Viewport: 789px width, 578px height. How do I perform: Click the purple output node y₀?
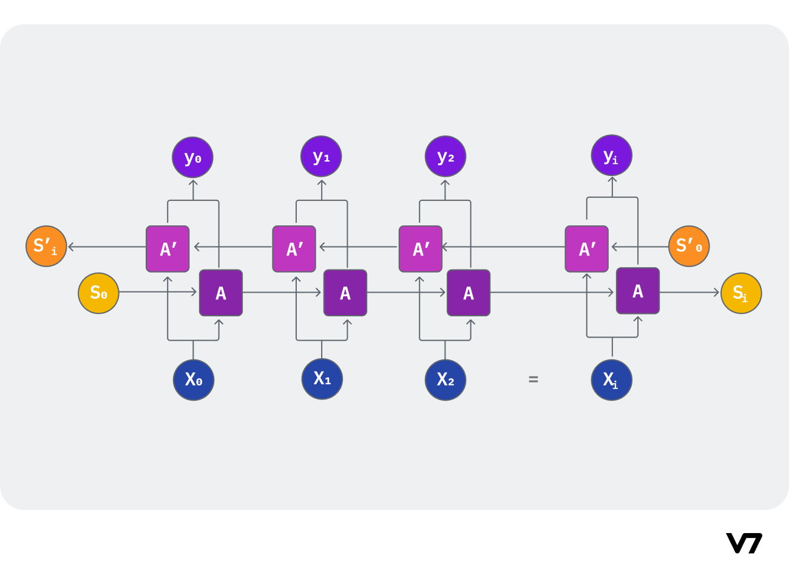pyautogui.click(x=193, y=158)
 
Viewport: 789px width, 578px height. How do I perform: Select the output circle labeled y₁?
pyautogui.click(x=321, y=157)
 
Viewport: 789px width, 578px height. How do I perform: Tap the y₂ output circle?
pyautogui.click(x=445, y=157)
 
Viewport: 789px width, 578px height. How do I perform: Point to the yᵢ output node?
pyautogui.click(x=612, y=155)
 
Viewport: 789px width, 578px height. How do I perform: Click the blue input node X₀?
pyautogui.click(x=194, y=380)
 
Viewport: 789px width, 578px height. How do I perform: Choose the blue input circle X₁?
pyautogui.click(x=322, y=379)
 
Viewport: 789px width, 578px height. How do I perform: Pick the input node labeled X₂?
pyautogui.click(x=445, y=380)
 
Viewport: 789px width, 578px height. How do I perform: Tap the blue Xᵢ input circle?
pyautogui.click(x=612, y=380)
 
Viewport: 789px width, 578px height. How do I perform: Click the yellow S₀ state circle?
pyautogui.click(x=98, y=293)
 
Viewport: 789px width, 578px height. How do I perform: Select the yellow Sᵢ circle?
pyautogui.click(x=741, y=293)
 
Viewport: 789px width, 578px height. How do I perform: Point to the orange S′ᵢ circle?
pyautogui.click(x=46, y=246)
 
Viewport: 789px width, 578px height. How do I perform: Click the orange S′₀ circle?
pyautogui.click(x=689, y=246)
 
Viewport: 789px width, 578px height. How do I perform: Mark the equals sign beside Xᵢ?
pyautogui.click(x=533, y=379)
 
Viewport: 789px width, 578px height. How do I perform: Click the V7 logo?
pyautogui.click(x=744, y=543)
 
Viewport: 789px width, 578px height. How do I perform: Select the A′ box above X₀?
pyautogui.click(x=168, y=249)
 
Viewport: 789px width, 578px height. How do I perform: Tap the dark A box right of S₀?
pyautogui.click(x=221, y=293)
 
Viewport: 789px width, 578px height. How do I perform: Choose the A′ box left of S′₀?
pyautogui.click(x=587, y=249)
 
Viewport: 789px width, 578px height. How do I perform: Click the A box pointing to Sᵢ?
pyautogui.click(x=638, y=291)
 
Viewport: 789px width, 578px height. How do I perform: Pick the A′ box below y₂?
pyautogui.click(x=421, y=249)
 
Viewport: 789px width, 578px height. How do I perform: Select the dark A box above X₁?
pyautogui.click(x=345, y=293)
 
